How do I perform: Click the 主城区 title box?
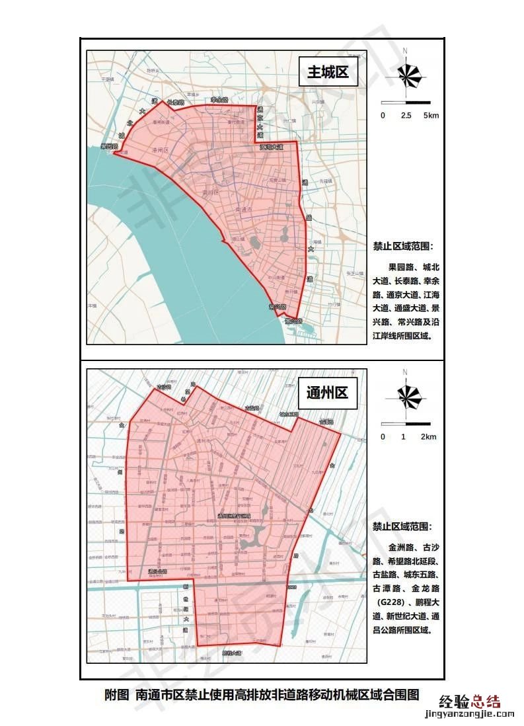coord(328,73)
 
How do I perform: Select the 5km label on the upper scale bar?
coord(431,116)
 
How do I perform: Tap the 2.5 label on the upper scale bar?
coord(406,116)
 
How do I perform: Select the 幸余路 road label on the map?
coord(219,101)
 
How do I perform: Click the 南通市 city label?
coord(249,210)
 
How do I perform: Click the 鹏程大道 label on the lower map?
coord(232,653)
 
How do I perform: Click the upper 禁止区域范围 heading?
coord(403,246)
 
